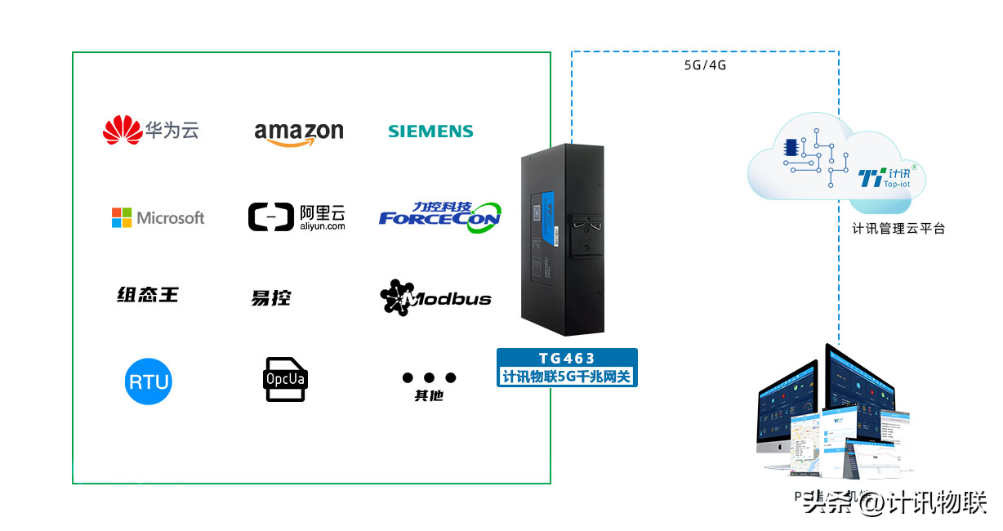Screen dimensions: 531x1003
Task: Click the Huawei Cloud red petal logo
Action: coord(123,130)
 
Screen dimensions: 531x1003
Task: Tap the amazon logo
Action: coord(298,133)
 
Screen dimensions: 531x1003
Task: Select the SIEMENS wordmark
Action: coord(430,132)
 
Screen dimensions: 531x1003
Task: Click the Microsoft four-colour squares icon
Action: coord(122,217)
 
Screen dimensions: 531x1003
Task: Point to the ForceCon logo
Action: coord(439,216)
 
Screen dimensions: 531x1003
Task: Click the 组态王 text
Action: coord(147,295)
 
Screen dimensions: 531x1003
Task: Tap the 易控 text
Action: coord(270,298)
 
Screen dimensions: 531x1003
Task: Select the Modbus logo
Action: coord(436,298)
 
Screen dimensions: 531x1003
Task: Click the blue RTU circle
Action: coord(149,381)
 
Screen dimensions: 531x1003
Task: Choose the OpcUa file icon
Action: coord(285,379)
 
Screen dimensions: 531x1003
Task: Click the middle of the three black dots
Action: coord(430,377)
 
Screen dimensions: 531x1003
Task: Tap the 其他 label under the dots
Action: coord(429,396)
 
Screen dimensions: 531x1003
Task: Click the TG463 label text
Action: coord(567,358)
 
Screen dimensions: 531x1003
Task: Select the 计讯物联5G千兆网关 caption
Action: coord(567,376)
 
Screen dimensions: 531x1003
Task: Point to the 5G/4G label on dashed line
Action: coord(705,65)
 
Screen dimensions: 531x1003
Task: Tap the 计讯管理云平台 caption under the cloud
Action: coord(898,229)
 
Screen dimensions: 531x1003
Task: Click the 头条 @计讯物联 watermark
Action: coord(894,502)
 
